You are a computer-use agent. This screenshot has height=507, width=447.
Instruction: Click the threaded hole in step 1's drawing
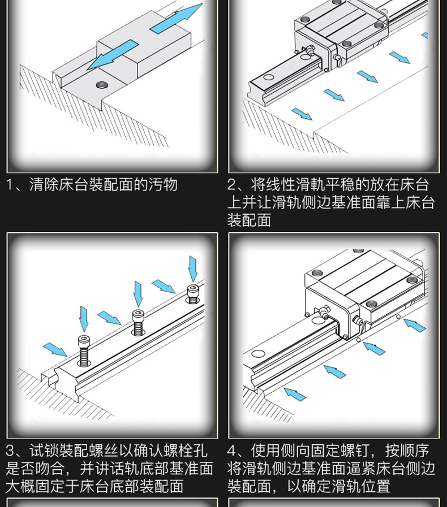pos(102,85)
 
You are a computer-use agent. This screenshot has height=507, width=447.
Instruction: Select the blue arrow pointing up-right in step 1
pos(176,19)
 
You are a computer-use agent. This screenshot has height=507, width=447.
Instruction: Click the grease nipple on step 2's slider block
pos(310,50)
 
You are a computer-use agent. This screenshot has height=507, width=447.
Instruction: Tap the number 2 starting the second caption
pos(233,185)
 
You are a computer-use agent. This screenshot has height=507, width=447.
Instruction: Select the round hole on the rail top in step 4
pos(259,354)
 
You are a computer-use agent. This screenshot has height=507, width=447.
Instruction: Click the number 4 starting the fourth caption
pos(233,451)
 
